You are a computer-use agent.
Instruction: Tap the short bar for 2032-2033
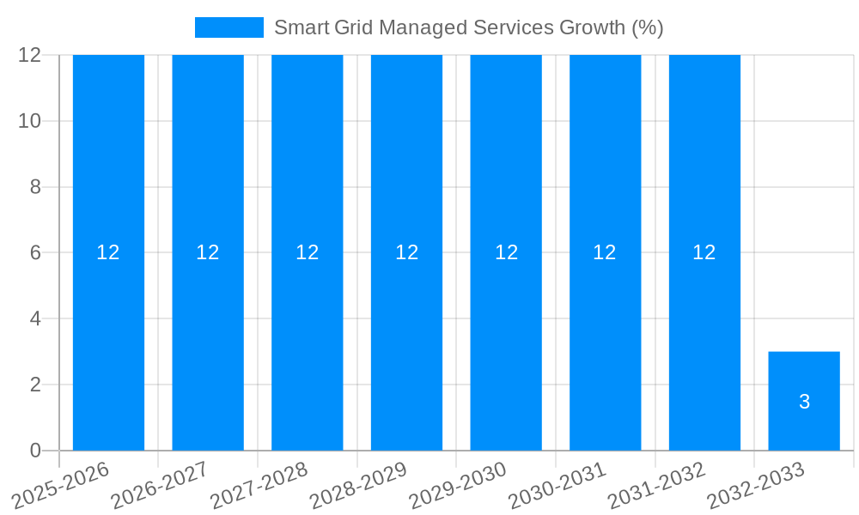(804, 378)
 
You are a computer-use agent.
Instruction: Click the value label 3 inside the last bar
(804, 402)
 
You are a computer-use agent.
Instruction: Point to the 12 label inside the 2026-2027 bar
(208, 252)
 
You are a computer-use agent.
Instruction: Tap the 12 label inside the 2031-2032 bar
(704, 252)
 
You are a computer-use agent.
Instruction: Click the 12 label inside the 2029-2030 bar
(506, 252)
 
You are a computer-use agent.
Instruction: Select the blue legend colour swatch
(229, 27)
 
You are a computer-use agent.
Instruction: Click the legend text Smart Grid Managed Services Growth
(468, 27)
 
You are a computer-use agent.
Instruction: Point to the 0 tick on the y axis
(36, 451)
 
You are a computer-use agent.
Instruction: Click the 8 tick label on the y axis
(36, 187)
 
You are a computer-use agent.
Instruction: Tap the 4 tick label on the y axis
(36, 318)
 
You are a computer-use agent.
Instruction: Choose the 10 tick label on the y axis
(31, 121)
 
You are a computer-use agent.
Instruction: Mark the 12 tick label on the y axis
(31, 55)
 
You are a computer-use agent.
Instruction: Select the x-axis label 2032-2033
(756, 485)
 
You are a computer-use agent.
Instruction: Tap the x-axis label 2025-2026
(61, 485)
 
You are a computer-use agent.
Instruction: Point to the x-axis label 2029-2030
(458, 485)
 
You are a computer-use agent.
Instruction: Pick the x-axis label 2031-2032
(656, 485)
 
